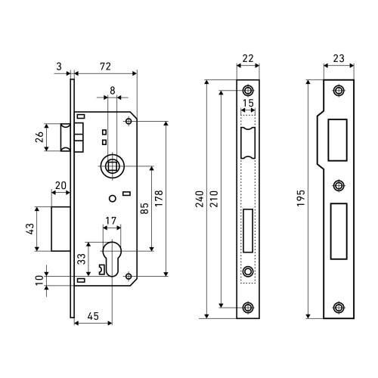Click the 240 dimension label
(x=200, y=199)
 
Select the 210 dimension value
(x=214, y=199)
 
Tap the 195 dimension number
(x=301, y=198)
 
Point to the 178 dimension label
(x=159, y=199)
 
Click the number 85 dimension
(x=144, y=209)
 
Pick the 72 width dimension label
(x=105, y=67)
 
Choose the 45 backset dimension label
(x=93, y=316)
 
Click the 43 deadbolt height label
(x=30, y=229)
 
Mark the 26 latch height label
(x=39, y=138)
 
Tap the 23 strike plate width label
(x=339, y=58)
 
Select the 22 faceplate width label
(x=248, y=58)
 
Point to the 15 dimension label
(x=248, y=103)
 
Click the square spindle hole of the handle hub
(x=112, y=166)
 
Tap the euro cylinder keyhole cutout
(x=112, y=259)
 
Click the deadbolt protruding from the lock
(x=60, y=229)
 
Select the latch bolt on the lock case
(x=66, y=138)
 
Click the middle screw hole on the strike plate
(x=339, y=186)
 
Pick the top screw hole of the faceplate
(x=248, y=91)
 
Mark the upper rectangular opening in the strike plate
(x=337, y=140)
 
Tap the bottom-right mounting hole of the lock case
(x=129, y=276)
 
